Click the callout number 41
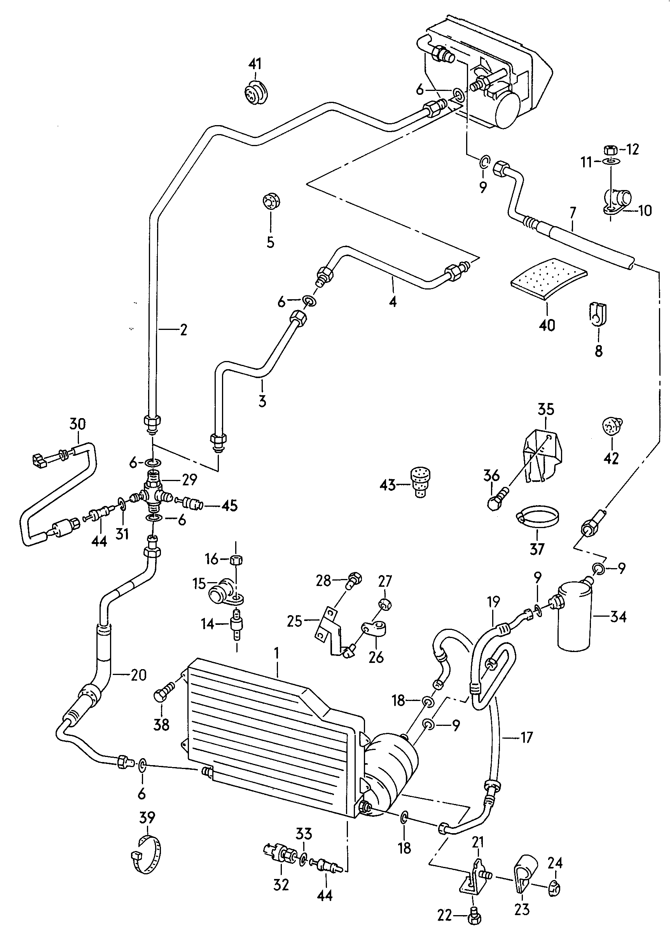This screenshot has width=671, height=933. (x=255, y=65)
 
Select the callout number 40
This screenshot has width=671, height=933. (x=547, y=325)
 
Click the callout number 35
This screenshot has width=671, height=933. (x=546, y=410)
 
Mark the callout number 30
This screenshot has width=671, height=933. (x=78, y=424)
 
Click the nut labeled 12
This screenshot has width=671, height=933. (x=609, y=149)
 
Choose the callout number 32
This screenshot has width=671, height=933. (x=281, y=884)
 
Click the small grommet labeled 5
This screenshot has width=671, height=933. (x=271, y=201)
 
